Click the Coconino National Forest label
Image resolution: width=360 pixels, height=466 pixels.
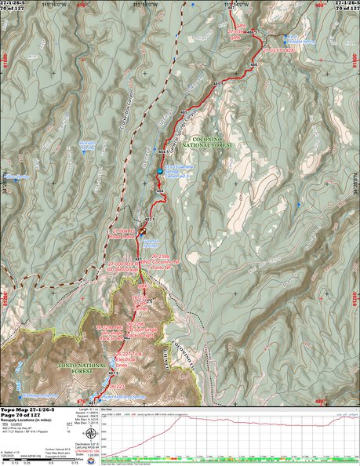click(x=206, y=143)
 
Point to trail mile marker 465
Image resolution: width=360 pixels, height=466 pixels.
click(x=184, y=115)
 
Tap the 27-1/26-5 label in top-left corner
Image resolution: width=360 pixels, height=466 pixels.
click(x=14, y=3)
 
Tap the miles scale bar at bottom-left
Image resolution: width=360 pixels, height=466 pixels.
click(x=31, y=460)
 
